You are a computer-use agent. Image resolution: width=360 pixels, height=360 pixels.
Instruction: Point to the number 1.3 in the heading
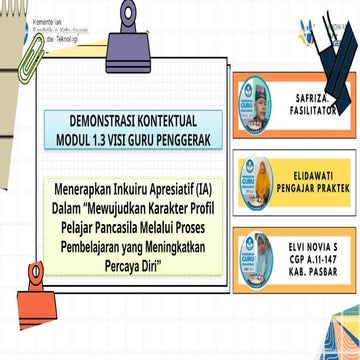116,141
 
